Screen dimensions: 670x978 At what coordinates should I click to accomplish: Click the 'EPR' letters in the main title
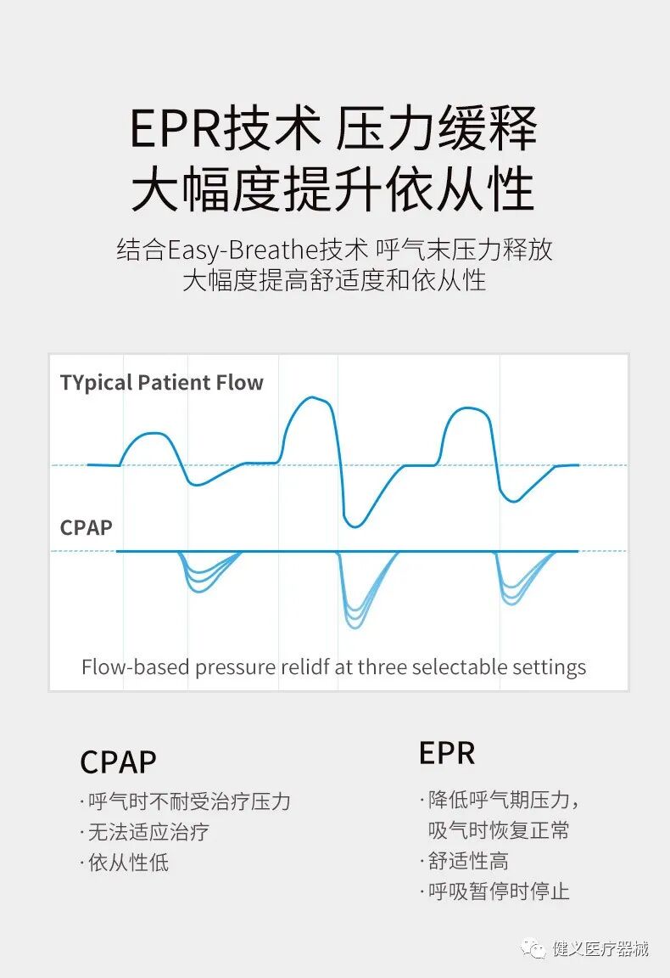174,130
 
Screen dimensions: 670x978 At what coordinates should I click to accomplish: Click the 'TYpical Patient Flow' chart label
162,383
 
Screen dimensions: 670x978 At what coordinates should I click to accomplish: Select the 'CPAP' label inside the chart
87,527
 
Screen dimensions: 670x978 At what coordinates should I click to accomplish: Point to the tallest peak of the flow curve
314,397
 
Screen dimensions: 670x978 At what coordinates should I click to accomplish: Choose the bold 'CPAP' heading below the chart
118,762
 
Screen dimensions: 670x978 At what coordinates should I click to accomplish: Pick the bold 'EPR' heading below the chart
447,753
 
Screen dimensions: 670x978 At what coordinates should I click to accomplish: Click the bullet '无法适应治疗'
148,832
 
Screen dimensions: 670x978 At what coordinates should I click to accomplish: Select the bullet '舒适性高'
468,861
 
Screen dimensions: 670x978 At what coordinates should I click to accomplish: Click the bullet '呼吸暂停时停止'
499,891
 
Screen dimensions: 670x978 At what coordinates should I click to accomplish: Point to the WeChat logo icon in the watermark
533,947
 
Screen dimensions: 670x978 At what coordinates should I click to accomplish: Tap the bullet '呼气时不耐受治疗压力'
189,801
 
